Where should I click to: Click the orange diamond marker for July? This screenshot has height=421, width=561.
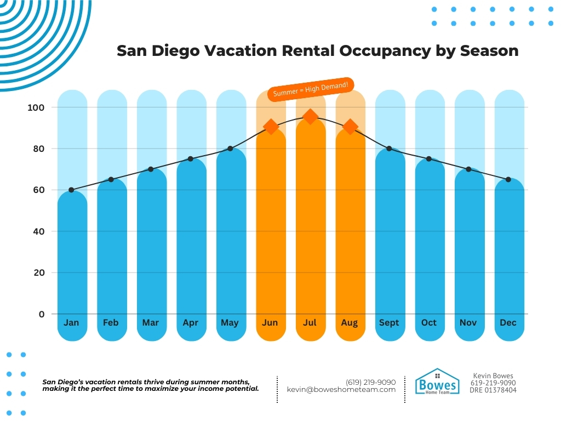click(310, 116)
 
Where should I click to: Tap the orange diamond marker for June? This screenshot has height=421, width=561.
click(270, 127)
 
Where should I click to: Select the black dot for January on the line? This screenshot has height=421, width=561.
click(71, 190)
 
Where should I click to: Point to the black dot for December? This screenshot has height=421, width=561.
click(508, 179)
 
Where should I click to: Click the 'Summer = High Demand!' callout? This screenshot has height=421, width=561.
click(311, 89)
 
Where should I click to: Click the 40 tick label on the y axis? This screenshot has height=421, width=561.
click(38, 231)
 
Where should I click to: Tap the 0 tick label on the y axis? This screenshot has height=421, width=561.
click(41, 314)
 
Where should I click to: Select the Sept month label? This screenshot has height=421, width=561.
click(389, 322)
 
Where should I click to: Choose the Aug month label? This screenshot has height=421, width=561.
click(350, 322)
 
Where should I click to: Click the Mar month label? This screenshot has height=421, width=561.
click(151, 322)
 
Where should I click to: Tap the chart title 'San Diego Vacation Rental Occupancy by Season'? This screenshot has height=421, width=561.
click(318, 51)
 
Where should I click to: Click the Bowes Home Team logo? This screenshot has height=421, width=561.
click(437, 383)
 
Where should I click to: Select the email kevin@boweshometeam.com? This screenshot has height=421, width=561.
click(341, 389)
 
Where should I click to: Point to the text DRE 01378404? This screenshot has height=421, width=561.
click(493, 390)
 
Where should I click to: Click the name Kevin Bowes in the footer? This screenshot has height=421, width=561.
click(493, 376)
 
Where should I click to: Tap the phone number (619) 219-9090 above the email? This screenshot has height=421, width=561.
click(370, 382)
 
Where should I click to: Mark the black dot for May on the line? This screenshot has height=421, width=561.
click(230, 149)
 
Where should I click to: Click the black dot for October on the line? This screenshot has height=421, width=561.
click(428, 158)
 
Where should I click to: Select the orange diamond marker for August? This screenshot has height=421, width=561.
click(350, 127)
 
